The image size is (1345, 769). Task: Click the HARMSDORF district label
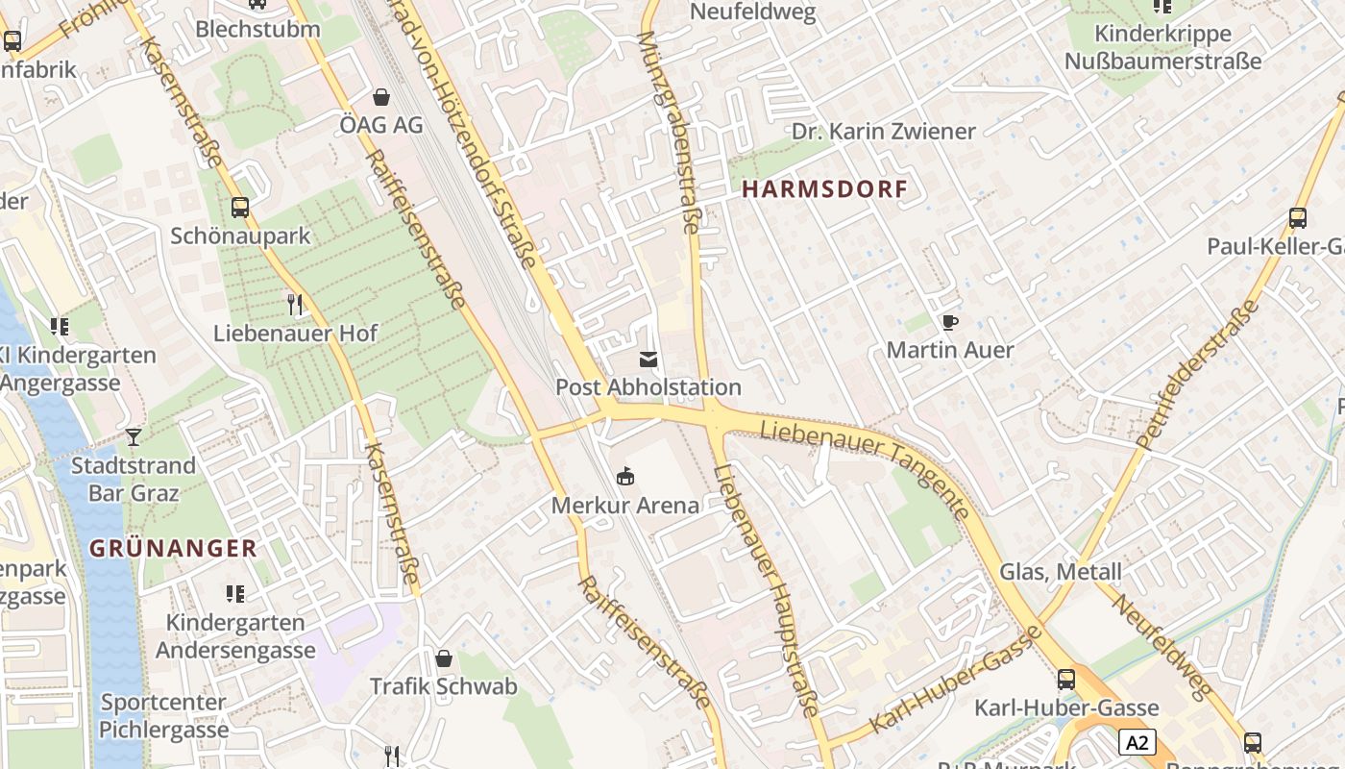(x=824, y=189)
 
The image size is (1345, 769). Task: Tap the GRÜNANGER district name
(x=173, y=549)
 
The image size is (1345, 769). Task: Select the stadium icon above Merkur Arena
(x=625, y=476)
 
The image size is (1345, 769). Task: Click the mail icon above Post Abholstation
(x=648, y=360)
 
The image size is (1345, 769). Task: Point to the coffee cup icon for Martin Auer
(x=950, y=322)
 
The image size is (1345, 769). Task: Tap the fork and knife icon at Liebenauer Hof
(x=295, y=305)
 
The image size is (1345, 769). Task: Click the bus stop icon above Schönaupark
(x=240, y=207)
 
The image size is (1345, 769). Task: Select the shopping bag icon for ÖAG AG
(x=381, y=97)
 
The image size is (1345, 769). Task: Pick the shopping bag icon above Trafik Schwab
(x=444, y=658)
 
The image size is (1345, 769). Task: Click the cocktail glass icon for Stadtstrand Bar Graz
(x=134, y=437)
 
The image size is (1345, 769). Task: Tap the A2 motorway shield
(x=1137, y=742)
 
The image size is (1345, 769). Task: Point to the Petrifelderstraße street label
(x=1197, y=375)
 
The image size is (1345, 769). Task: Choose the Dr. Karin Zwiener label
(x=883, y=132)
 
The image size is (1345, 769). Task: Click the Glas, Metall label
(x=1061, y=572)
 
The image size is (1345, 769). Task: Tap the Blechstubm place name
(x=257, y=29)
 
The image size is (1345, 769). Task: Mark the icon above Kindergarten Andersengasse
(x=235, y=594)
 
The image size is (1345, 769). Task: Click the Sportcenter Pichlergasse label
(x=164, y=716)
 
